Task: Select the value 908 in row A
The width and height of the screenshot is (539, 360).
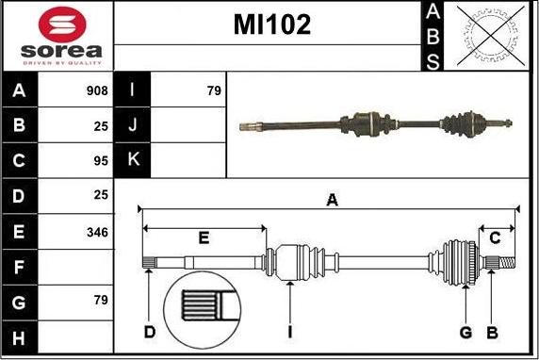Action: click(96, 91)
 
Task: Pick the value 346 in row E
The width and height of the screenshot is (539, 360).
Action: click(96, 232)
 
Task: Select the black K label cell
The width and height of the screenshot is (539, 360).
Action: click(133, 160)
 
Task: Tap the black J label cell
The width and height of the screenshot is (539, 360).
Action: click(133, 125)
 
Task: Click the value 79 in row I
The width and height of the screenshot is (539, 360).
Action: click(213, 91)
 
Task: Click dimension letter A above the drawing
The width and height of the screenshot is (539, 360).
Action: click(332, 199)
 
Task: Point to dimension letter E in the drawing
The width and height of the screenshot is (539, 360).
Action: click(204, 237)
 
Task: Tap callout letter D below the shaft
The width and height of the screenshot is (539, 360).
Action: click(149, 331)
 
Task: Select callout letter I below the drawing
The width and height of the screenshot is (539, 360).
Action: click(289, 331)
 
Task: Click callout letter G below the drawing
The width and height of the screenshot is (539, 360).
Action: click(466, 331)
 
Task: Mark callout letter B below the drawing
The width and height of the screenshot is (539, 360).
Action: click(492, 331)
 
